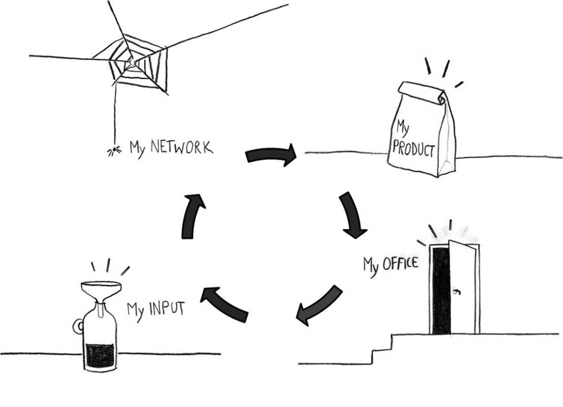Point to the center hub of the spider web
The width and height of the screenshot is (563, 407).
pos(132,62)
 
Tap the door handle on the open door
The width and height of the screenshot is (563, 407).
pos(456,291)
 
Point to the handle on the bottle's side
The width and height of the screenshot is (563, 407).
pos(78,326)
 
